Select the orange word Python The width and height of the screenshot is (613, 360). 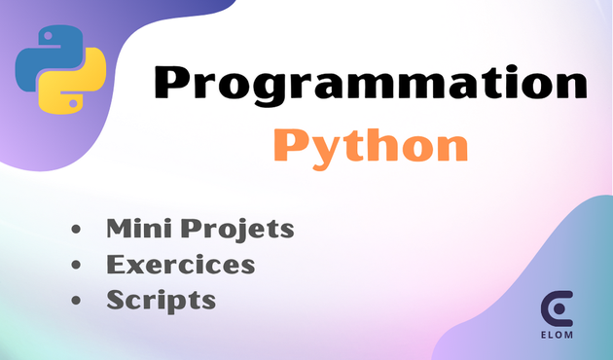point(370,146)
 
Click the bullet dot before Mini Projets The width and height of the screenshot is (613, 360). point(76,232)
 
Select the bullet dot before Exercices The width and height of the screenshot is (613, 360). point(76,266)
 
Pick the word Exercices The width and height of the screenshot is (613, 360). point(181,265)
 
